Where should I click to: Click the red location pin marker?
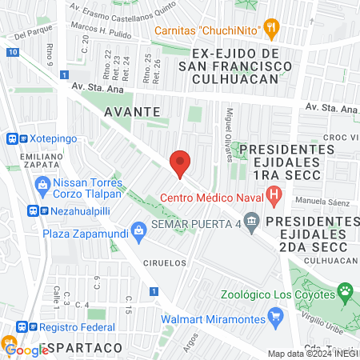point(180,162)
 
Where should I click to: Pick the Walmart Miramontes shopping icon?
point(275,315)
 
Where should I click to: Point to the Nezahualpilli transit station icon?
point(33,211)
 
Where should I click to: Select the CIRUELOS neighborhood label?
point(165,262)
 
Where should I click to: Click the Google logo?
point(26,350)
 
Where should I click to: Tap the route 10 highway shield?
point(11,52)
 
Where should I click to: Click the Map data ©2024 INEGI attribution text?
point(313,354)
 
